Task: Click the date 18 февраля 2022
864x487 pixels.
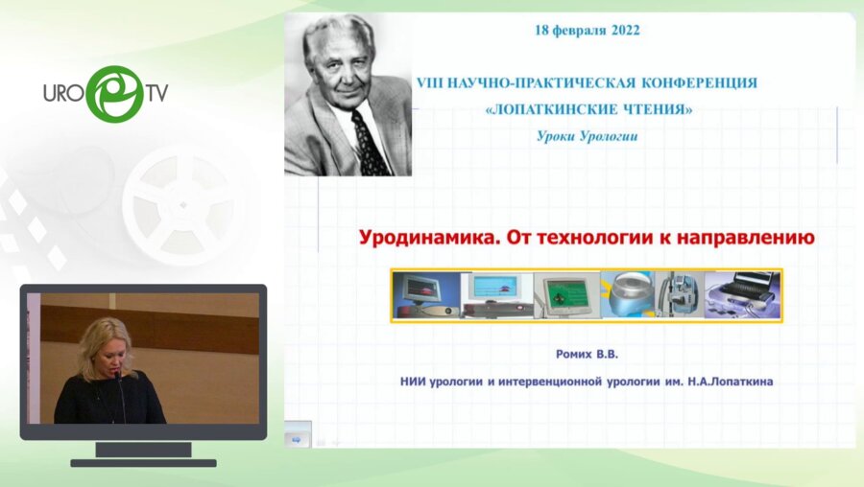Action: tap(587, 30)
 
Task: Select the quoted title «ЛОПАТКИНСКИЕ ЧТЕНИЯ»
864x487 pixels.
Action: tap(588, 109)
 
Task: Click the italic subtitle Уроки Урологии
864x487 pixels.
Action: tap(587, 136)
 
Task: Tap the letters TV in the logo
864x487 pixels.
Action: tap(158, 93)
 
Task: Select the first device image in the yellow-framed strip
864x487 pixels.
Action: tap(425, 294)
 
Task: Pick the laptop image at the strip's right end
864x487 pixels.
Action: tap(741, 294)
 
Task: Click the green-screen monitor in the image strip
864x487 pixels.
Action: tap(564, 294)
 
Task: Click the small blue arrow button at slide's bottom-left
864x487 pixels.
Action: tap(296, 439)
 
